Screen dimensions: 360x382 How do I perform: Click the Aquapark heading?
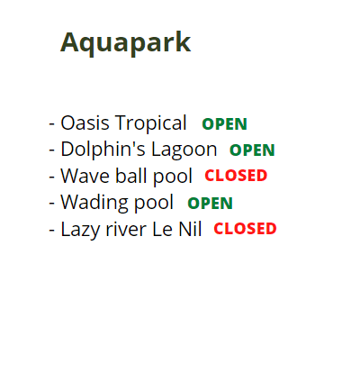tap(126, 43)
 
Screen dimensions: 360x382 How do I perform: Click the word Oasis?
tap(85, 123)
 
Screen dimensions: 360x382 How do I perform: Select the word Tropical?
tap(151, 124)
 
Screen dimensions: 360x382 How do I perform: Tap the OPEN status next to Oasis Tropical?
tap(225, 124)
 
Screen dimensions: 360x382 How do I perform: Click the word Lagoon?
tap(184, 150)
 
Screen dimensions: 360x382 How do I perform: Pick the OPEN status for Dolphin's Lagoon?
tap(252, 150)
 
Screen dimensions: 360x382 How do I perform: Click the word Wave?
tap(85, 176)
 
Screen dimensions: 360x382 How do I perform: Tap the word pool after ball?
tap(173, 177)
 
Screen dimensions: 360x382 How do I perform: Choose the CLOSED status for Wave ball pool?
tap(236, 176)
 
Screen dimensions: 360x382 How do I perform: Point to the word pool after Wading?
tap(154, 204)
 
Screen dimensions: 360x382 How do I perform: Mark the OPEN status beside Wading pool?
tap(211, 204)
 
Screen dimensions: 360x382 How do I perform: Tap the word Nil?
tap(190, 229)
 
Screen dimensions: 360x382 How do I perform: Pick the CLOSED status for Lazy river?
tap(245, 229)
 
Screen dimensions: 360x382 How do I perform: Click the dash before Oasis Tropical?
tap(52, 124)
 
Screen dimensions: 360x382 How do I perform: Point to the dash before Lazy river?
tap(52, 230)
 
